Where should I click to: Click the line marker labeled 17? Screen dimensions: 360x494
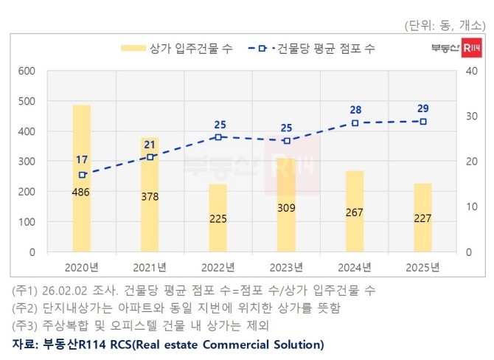(x=82, y=175)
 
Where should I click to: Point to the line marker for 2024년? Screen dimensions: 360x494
(x=355, y=123)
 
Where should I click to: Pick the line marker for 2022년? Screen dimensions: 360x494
(x=218, y=137)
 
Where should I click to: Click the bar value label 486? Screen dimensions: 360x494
(x=82, y=192)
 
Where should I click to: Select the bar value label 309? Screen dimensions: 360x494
(x=286, y=209)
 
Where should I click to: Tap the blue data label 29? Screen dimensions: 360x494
(x=422, y=108)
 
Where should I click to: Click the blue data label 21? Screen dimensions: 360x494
(x=150, y=144)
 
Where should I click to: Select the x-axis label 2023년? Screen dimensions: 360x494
(x=286, y=266)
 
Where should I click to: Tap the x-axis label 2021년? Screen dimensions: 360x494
(x=150, y=266)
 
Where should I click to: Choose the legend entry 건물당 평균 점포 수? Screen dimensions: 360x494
(x=325, y=49)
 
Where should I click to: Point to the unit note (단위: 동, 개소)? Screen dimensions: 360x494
(x=447, y=25)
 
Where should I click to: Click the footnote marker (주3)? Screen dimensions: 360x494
(x=25, y=325)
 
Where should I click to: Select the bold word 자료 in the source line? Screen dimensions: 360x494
(x=24, y=344)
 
